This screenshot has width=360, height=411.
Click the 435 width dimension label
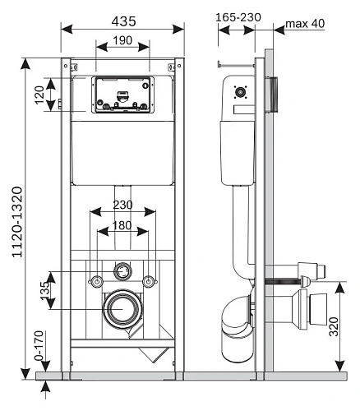123,21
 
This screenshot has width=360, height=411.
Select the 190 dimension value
122,40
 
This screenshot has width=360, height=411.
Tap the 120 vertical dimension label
39,95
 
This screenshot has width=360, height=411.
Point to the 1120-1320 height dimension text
17,222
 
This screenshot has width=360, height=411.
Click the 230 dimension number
123,205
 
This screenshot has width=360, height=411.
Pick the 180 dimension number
122,225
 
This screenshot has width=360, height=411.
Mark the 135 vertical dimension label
45,291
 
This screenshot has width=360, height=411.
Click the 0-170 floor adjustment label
39,346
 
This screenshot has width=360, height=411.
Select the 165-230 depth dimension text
238,17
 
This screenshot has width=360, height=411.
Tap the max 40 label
305,24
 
